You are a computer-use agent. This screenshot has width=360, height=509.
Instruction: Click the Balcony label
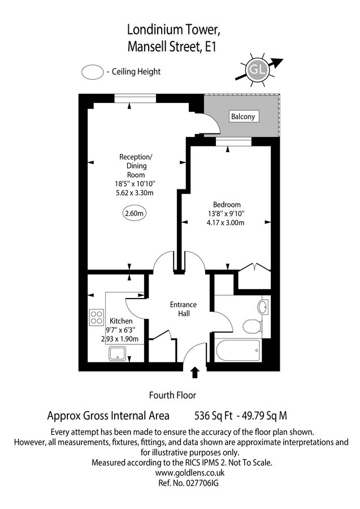pyautogui.click(x=243, y=117)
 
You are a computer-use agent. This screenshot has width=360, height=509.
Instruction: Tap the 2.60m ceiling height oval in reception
pyautogui.click(x=135, y=213)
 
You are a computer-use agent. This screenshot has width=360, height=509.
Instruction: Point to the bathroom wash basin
pyautogui.click(x=263, y=307)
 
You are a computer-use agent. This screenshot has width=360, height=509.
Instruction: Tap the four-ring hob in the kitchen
pyautogui.click(x=96, y=317)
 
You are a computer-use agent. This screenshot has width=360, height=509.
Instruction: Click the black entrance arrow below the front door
pyautogui.click(x=196, y=372)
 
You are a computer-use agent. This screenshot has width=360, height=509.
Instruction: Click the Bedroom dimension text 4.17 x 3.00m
pyautogui.click(x=227, y=223)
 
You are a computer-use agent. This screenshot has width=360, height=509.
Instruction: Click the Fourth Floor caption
pyautogui.click(x=172, y=395)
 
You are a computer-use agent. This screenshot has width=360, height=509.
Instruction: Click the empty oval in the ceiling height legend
pyautogui.click(x=92, y=72)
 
